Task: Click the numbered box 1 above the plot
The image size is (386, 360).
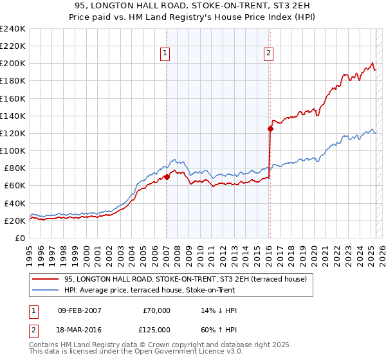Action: click(x=165, y=54)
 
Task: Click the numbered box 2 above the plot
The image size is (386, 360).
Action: click(x=268, y=54)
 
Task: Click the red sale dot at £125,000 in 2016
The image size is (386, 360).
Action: click(x=270, y=129)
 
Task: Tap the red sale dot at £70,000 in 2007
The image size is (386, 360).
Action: click(x=167, y=177)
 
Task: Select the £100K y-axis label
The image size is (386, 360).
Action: click(x=13, y=150)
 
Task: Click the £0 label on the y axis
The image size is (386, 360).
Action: click(x=21, y=238)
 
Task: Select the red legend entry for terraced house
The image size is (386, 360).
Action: click(x=186, y=279)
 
